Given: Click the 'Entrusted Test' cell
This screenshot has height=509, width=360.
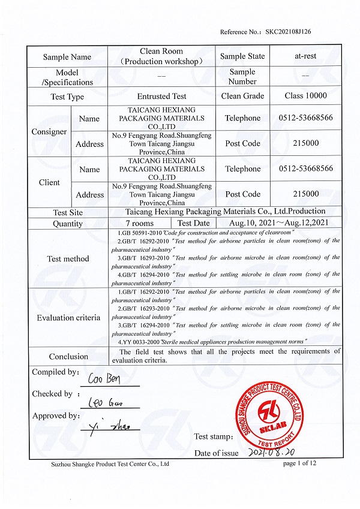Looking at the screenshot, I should click(x=161, y=97).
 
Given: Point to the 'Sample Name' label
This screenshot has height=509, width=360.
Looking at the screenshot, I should click(x=67, y=57).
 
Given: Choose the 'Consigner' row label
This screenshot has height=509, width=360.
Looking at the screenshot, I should click(x=49, y=131).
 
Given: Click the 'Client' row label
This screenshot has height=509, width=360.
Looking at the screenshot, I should click(x=49, y=182).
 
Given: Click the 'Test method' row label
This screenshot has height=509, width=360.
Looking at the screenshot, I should click(x=68, y=259).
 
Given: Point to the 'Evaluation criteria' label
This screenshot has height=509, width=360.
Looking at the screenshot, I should click(x=68, y=318).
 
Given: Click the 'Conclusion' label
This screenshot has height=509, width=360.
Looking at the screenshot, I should click(x=68, y=356).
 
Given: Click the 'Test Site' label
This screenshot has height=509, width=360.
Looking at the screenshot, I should click(x=68, y=212).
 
